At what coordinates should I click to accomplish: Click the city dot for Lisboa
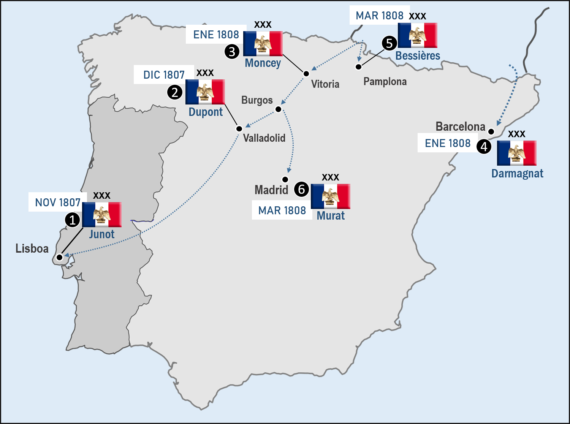(59, 258)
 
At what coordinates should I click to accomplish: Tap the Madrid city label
(271, 190)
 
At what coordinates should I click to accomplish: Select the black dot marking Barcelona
(491, 132)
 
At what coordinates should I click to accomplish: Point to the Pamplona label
(385, 82)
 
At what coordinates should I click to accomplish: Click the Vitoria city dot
(306, 74)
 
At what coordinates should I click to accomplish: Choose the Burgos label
(257, 100)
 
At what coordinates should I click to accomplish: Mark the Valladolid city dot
(239, 129)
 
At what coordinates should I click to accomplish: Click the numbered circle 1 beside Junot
(72, 220)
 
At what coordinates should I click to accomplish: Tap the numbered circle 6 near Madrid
(301, 189)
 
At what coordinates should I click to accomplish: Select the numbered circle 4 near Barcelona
(484, 146)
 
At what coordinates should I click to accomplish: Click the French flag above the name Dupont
(205, 92)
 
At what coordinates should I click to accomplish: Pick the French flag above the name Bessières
(417, 35)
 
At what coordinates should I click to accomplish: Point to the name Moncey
(263, 63)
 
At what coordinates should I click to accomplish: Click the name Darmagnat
(517, 174)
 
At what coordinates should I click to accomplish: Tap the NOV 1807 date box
(58, 202)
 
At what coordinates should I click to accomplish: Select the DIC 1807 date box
(164, 75)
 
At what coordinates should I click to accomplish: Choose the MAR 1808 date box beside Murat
(282, 210)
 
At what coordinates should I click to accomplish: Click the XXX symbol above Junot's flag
(101, 196)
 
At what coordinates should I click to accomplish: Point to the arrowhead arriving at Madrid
(289, 170)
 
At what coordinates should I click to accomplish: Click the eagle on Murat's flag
(330, 196)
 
